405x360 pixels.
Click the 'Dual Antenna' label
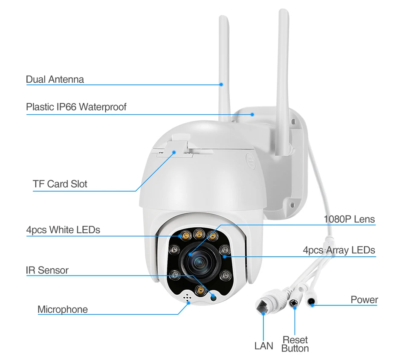55,79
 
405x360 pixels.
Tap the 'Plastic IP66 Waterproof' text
76,107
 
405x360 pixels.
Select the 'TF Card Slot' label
60,184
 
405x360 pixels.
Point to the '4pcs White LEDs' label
63,230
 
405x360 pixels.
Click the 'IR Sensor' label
47,270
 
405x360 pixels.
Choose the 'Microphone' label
63,310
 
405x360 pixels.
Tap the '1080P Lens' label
349,220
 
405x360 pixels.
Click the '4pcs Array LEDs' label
339,250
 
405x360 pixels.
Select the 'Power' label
364,300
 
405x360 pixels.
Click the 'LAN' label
263,345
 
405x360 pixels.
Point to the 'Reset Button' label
295,344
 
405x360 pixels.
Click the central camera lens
198,261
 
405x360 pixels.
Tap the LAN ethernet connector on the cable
266,302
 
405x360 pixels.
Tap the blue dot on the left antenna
221,84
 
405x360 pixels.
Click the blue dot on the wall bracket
252,114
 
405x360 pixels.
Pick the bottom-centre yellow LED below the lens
199,290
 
